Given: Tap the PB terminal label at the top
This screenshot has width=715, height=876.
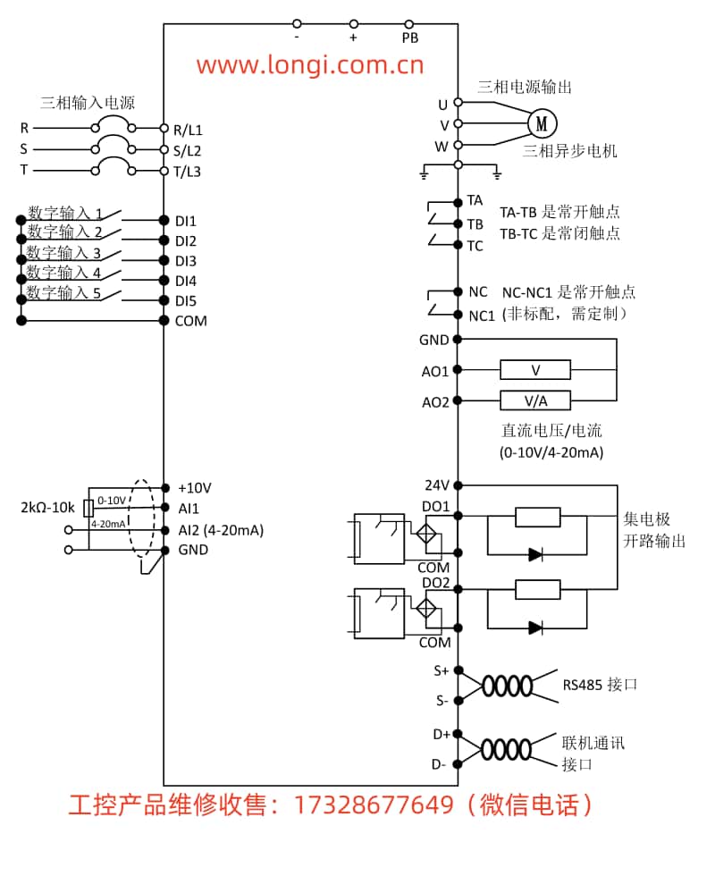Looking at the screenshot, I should point(410,38).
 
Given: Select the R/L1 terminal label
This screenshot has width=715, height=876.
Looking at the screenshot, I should point(188,129).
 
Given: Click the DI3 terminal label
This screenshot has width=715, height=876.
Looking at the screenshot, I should point(185,261).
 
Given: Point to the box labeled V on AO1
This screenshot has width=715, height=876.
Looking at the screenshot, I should point(535,369).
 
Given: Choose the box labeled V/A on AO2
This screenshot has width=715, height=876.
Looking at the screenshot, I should point(535,400).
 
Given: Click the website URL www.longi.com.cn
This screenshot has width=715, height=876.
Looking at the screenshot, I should point(309,64).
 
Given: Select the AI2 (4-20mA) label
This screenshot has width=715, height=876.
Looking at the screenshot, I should point(220,529).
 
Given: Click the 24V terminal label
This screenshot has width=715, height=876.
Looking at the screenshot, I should point(437,485).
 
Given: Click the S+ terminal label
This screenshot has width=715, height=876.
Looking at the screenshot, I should point(442,670).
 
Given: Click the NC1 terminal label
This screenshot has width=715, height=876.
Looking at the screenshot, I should point(482,315).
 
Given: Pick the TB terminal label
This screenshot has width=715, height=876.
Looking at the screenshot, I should point(475,223).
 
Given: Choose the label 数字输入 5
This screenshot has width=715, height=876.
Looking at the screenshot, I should point(63,292).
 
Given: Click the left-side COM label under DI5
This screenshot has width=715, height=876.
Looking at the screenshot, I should point(190,321).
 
